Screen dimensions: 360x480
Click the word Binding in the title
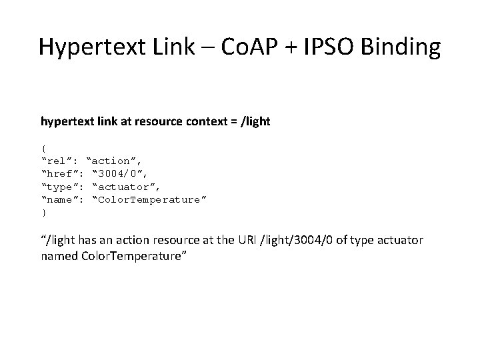[x=403, y=47]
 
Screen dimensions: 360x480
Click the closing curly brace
[x=43, y=213]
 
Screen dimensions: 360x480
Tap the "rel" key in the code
[x=61, y=161]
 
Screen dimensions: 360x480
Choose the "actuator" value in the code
[x=127, y=187]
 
